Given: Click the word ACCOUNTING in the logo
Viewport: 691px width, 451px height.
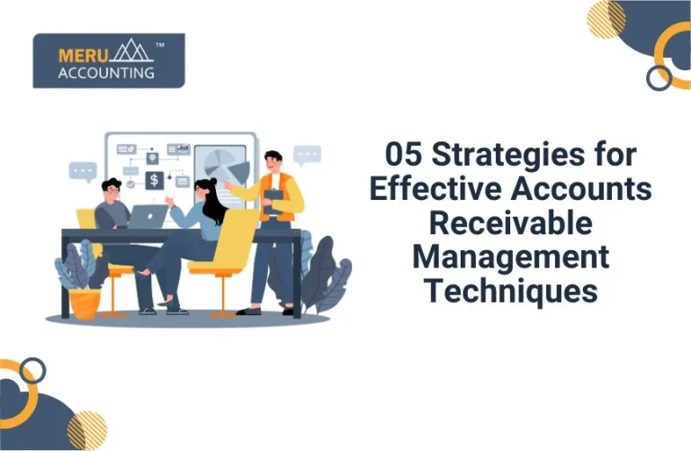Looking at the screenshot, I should pos(106,72).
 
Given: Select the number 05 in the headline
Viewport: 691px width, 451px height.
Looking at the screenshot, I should pos(404,154).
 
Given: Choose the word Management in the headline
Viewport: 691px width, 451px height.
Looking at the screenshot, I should pos(510,257).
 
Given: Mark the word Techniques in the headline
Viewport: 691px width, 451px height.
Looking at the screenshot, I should pos(510,291).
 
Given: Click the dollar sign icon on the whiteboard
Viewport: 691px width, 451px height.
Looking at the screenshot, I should pos(154,180).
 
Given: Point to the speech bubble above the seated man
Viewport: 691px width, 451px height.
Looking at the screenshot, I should pos(83,170).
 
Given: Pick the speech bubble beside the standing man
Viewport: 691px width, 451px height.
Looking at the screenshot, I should pos(308,154).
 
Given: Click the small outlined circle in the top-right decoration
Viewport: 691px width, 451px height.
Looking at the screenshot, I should pos(660,77).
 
